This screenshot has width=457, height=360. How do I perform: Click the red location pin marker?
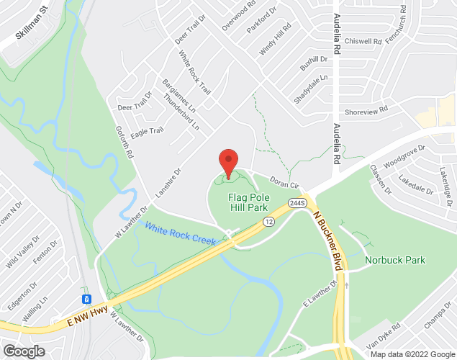pyautogui.click(x=228, y=162)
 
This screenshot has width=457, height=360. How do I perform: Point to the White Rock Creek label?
pyautogui.click(x=180, y=234)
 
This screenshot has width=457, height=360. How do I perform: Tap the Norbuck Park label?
pyautogui.click(x=395, y=260)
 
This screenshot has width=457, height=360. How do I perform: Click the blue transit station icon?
pyautogui.click(x=86, y=298)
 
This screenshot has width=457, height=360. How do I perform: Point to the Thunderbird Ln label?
pyautogui.click(x=181, y=111)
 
